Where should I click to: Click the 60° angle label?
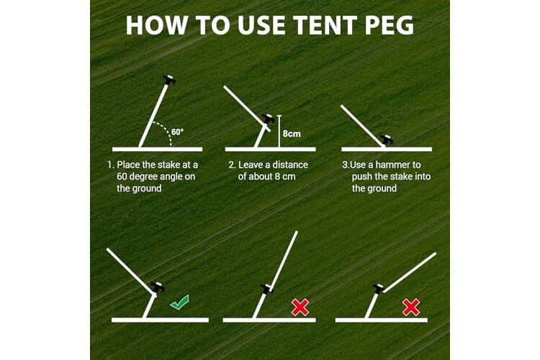pos(177,132)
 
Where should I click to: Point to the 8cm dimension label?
pos(292,134)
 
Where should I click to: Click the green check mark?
pos(179,302)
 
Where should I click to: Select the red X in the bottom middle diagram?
pos(300,307)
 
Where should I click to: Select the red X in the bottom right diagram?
pos(411,307)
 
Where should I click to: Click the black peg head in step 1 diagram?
pos(169,80)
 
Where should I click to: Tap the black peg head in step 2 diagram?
pos(269,120)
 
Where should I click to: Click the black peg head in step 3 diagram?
pos(387,140)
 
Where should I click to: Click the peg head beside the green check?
pos(158,287)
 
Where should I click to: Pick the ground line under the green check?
pos(160,320)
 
